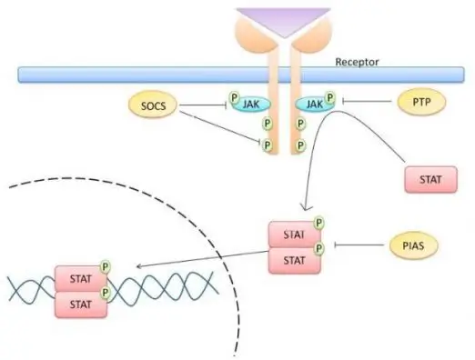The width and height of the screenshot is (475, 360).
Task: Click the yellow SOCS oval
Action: (x=152, y=107)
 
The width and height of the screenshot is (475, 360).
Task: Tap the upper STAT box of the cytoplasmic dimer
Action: (x=292, y=234)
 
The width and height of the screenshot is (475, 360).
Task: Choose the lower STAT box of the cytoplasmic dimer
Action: (x=292, y=258)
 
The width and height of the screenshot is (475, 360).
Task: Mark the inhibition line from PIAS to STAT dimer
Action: (x=359, y=245)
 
